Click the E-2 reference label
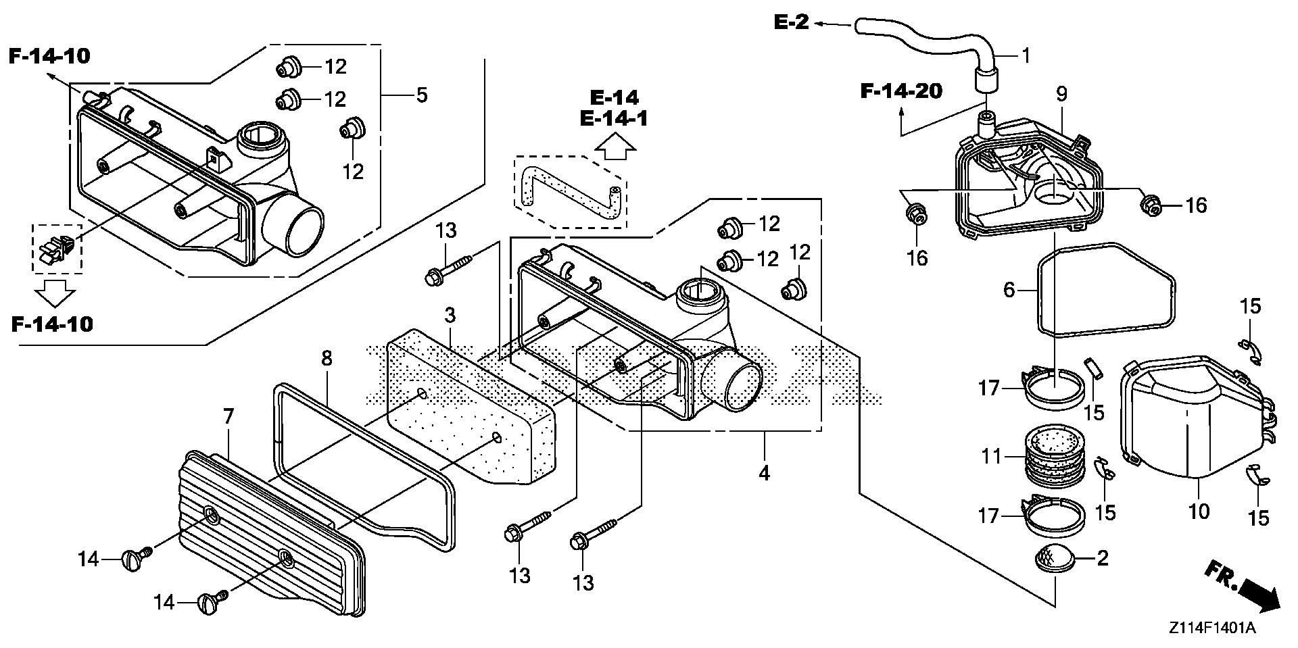[x=791, y=22]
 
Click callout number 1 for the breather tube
[x=1026, y=55]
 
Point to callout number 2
[x=1103, y=558]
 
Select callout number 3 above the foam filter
[x=450, y=315]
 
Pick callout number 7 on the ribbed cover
[x=228, y=417]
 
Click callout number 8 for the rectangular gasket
[x=327, y=358]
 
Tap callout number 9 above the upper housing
[x=1061, y=95]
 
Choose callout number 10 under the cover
[x=1199, y=511]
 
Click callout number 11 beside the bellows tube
[x=992, y=457]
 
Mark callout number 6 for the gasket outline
[x=1009, y=291]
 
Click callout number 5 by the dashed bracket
[x=421, y=95]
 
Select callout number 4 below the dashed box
[x=764, y=473]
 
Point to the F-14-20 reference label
[x=901, y=91]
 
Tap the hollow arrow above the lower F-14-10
[x=55, y=293]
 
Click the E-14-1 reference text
[x=614, y=119]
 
